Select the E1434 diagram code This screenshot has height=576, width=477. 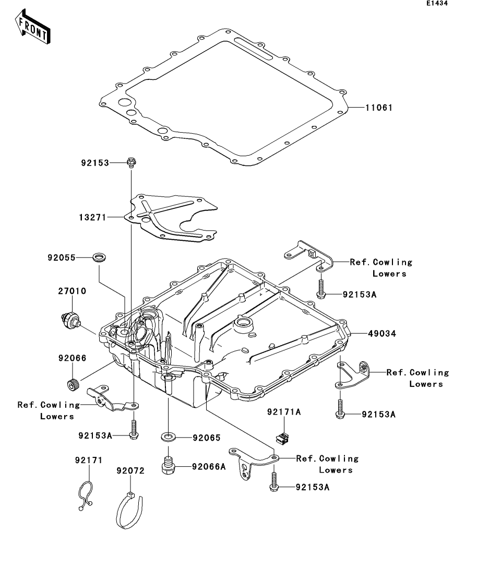pyautogui.click(x=436, y=4)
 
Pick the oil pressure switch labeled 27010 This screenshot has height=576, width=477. pyautogui.click(x=69, y=319)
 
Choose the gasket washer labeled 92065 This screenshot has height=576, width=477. pyautogui.click(x=168, y=436)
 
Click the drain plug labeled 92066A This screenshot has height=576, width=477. pyautogui.click(x=169, y=465)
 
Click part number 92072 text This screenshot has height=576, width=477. pyautogui.click(x=130, y=471)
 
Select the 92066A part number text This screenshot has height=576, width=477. pyautogui.click(x=208, y=466)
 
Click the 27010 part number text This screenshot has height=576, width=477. pyautogui.click(x=72, y=291)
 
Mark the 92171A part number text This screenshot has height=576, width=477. pyautogui.click(x=284, y=412)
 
